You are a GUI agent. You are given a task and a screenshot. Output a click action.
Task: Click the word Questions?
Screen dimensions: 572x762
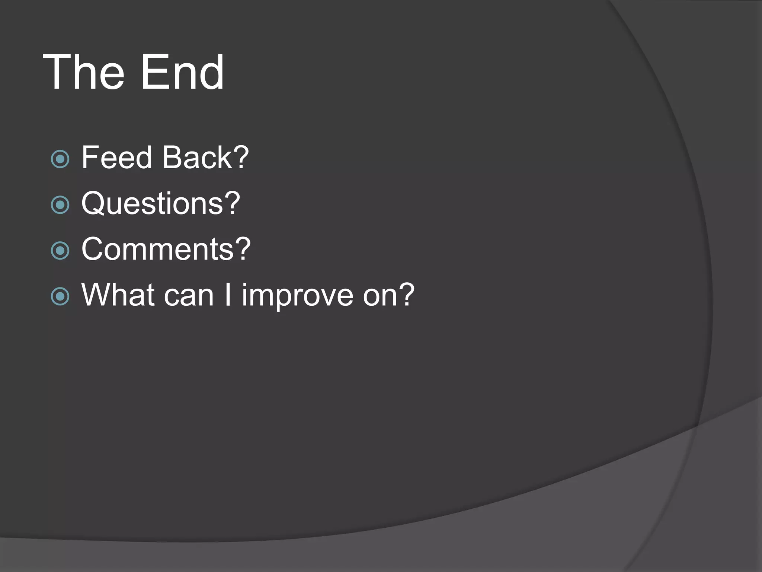[161, 204]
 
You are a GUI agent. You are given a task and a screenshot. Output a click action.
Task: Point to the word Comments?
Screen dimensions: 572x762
[166, 249]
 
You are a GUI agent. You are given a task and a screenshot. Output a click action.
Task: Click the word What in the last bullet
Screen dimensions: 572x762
[118, 295]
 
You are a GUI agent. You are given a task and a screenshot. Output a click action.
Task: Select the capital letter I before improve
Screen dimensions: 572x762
[228, 295]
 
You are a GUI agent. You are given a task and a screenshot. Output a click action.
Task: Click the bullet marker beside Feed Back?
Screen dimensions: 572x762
[60, 159]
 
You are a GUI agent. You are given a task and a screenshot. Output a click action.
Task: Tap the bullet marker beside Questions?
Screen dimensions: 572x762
[60, 205]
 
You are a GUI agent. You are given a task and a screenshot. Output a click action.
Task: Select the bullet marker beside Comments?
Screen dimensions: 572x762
[60, 251]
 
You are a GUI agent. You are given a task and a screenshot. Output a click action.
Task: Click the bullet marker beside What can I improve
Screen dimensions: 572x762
[60, 296]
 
